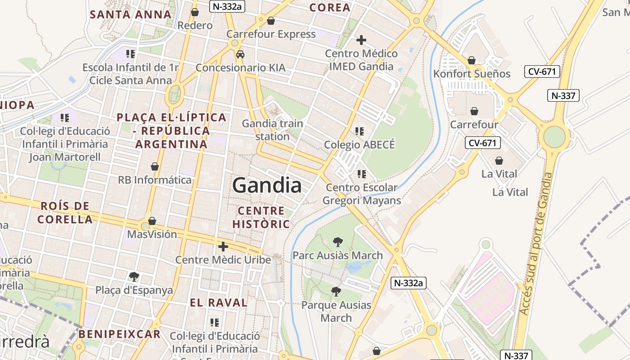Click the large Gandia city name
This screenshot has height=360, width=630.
coord(267,185)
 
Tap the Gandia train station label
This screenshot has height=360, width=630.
coord(272,130)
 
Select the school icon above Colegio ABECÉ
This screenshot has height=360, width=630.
coord(359,131)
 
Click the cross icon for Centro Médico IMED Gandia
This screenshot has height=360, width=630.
coord(361,40)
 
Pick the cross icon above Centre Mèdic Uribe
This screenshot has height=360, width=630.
coord(223,246)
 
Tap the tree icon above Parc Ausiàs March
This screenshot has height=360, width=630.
coord(337,242)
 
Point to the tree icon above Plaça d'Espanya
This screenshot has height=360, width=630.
coord(134,276)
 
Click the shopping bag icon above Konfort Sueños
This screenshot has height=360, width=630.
coord(472,60)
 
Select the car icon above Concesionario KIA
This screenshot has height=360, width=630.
coord(240,54)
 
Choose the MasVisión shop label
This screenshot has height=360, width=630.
coord(152,234)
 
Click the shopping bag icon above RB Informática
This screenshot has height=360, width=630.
coord(155,166)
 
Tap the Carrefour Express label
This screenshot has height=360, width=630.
coord(271,34)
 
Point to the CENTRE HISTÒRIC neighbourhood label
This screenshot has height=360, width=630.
coord(261,217)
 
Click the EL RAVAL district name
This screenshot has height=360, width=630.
coord(219,302)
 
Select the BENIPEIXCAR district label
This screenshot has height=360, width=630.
coord(120,334)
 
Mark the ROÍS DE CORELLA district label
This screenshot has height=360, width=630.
coord(65,213)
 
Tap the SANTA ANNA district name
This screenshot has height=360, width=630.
coord(130,14)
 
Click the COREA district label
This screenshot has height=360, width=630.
coord(330,8)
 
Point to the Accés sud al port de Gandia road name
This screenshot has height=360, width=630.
coord(535,243)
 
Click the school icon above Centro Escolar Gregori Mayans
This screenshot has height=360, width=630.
coord(361,174)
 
